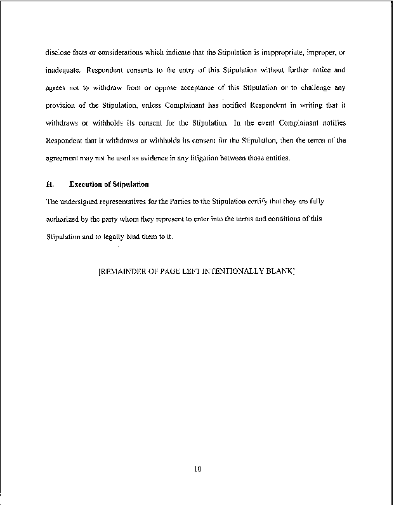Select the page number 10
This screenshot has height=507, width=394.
click(x=197, y=470)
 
